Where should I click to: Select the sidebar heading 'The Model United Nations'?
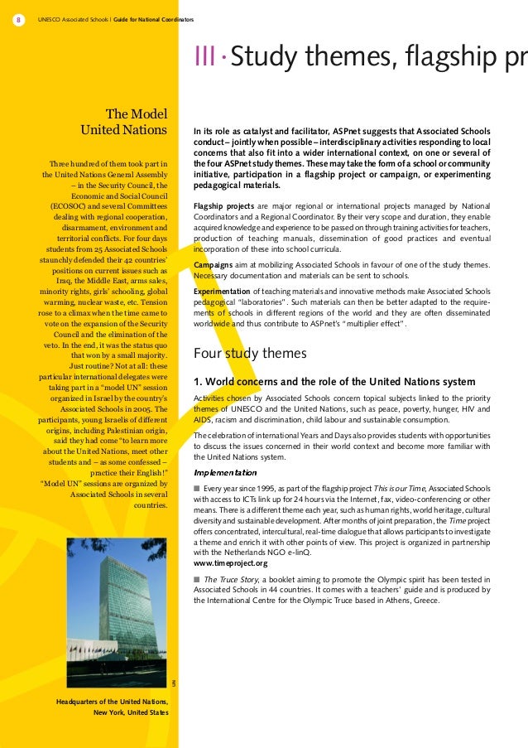click(x=124, y=122)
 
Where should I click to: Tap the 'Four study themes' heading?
click(x=250, y=354)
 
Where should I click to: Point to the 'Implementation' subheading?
click(x=225, y=472)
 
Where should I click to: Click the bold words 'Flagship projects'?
click(x=223, y=205)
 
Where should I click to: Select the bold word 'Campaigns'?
click(x=213, y=264)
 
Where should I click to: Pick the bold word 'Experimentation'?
click(x=222, y=292)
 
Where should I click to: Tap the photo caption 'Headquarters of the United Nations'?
click(x=112, y=702)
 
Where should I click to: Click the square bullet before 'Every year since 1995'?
click(x=197, y=489)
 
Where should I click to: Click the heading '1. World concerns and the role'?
click(x=334, y=382)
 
